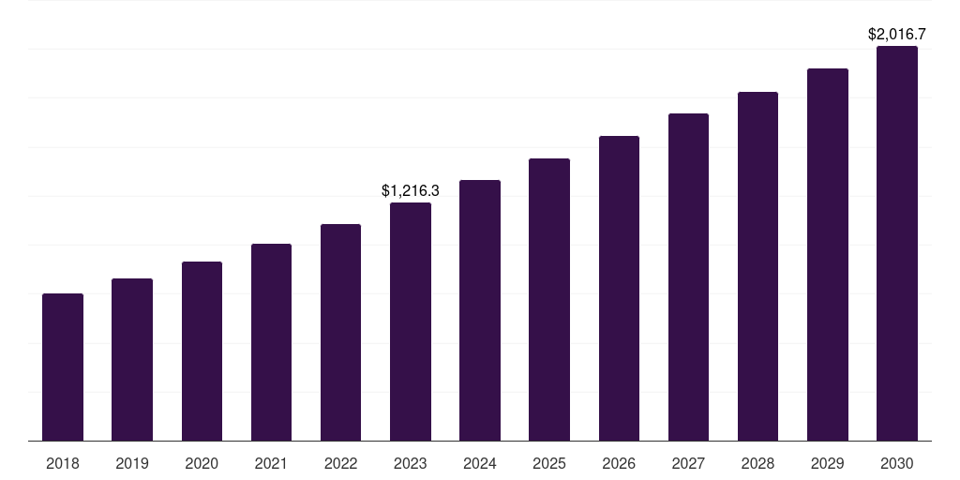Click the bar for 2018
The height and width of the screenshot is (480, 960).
[63, 367]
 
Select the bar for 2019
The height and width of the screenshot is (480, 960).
[132, 359]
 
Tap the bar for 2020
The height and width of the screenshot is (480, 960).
[202, 351]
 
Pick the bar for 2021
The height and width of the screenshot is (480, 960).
[271, 342]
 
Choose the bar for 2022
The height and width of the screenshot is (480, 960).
[340, 332]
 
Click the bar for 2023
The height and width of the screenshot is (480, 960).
[411, 322]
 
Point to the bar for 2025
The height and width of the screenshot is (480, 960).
[549, 299]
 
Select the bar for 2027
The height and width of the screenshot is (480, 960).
[688, 277]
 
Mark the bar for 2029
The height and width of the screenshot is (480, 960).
[828, 254]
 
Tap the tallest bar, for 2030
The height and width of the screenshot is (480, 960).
[897, 243]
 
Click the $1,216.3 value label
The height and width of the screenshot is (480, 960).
[411, 190]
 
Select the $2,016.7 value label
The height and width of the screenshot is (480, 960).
[897, 35]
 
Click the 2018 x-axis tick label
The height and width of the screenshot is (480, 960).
[63, 463]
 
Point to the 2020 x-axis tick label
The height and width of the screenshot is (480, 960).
[202, 463]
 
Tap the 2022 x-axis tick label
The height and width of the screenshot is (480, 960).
[340, 463]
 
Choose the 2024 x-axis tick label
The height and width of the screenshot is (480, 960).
[480, 463]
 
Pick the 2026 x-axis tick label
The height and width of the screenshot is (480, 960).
[619, 463]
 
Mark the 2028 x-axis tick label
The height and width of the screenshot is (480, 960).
[757, 463]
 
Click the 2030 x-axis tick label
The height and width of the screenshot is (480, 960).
[897, 463]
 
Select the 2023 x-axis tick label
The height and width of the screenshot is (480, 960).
[411, 463]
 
